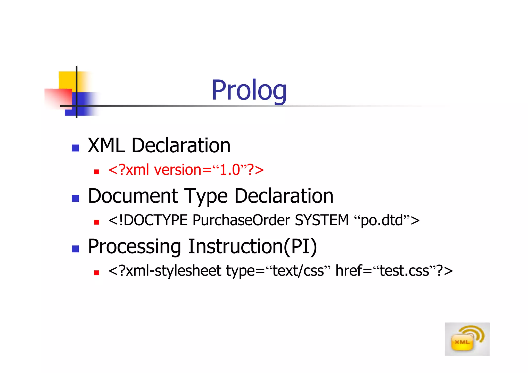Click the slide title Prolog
[x=249, y=90]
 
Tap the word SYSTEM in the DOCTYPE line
[x=322, y=220]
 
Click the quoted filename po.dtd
[x=382, y=220]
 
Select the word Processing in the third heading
[x=134, y=247]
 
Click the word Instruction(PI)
[x=252, y=247]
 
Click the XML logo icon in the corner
[x=467, y=339]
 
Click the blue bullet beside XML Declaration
[x=75, y=148]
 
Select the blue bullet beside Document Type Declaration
[x=75, y=198]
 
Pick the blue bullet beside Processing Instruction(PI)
[x=75, y=249]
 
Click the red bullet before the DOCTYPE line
[x=97, y=222]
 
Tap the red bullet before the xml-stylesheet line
[x=97, y=273]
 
